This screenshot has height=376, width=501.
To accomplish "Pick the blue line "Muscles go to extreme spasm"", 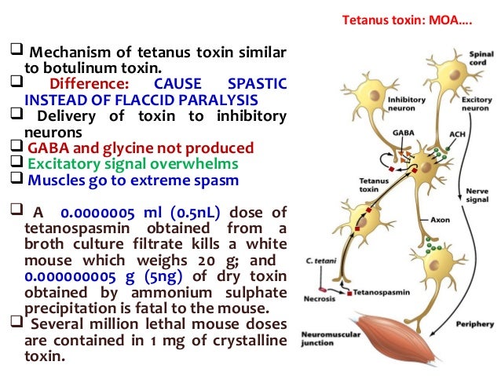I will (x=133, y=179).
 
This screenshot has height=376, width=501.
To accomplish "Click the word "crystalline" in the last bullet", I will (x=247, y=340).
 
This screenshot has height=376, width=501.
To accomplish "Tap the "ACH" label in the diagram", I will (x=455, y=134).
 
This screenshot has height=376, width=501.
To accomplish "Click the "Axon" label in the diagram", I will (x=440, y=220).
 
